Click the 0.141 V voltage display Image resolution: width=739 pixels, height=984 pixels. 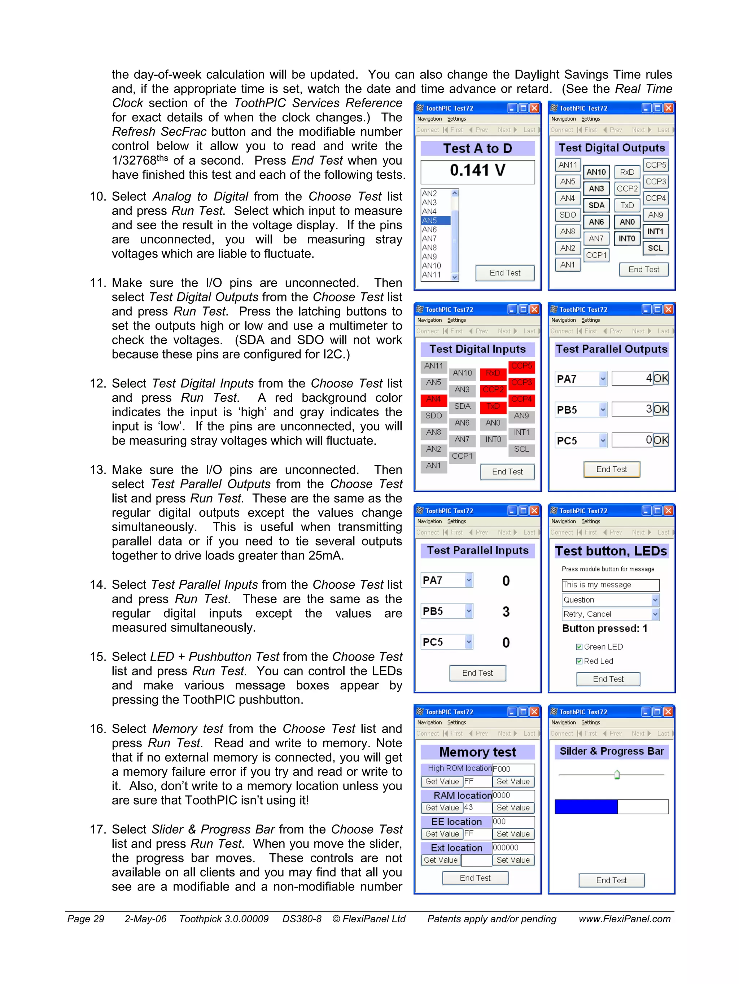coord(477,171)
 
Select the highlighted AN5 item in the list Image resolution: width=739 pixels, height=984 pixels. coord(435,221)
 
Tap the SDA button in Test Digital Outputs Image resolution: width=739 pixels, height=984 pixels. coord(596,205)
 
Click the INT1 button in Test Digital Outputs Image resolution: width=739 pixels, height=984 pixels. coord(655,231)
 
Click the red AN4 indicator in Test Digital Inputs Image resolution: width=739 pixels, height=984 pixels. coord(433,399)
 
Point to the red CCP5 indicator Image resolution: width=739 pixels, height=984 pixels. coord(521,366)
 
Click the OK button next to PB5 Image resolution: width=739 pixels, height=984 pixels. coord(660,409)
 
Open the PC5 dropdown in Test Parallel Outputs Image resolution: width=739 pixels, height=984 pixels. coord(603,440)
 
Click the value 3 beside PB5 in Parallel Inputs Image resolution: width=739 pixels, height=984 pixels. coord(506,612)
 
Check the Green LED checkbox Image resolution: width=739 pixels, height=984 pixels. coord(579,647)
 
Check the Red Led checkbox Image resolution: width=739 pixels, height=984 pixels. coord(579,661)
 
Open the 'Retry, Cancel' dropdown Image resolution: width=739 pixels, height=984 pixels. coord(655,614)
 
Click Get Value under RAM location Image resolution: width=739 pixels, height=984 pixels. coord(442,807)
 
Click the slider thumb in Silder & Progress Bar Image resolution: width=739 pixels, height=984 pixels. coord(617,775)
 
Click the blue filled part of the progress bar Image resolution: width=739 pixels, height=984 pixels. coord(586,806)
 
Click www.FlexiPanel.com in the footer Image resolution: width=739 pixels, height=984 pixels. coord(624,919)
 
